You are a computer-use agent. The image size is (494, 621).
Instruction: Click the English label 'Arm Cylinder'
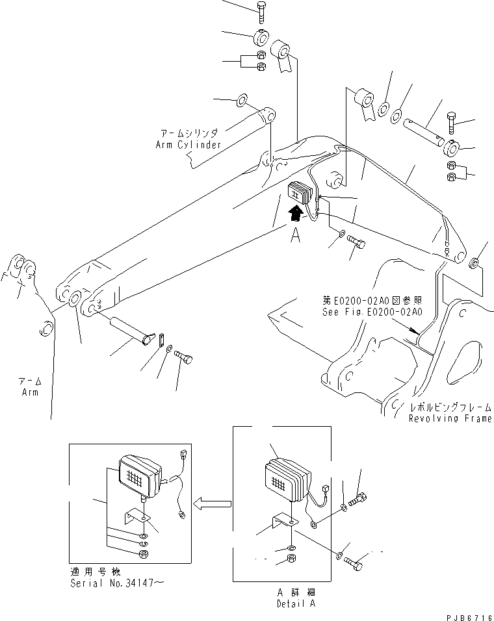coord(188,144)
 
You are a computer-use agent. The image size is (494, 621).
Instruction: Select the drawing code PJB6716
coord(467,613)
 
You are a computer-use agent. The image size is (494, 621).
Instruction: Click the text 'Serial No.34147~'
coord(116,583)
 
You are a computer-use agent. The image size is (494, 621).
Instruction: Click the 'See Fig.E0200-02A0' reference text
coord(372,311)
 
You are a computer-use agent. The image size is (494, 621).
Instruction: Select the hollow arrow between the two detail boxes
coord(214,502)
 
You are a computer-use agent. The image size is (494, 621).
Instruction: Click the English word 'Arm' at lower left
coord(29,392)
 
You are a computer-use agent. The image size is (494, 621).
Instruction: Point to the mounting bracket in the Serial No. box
coord(137,516)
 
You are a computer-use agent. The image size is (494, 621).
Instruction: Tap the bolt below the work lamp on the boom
coord(355,243)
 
